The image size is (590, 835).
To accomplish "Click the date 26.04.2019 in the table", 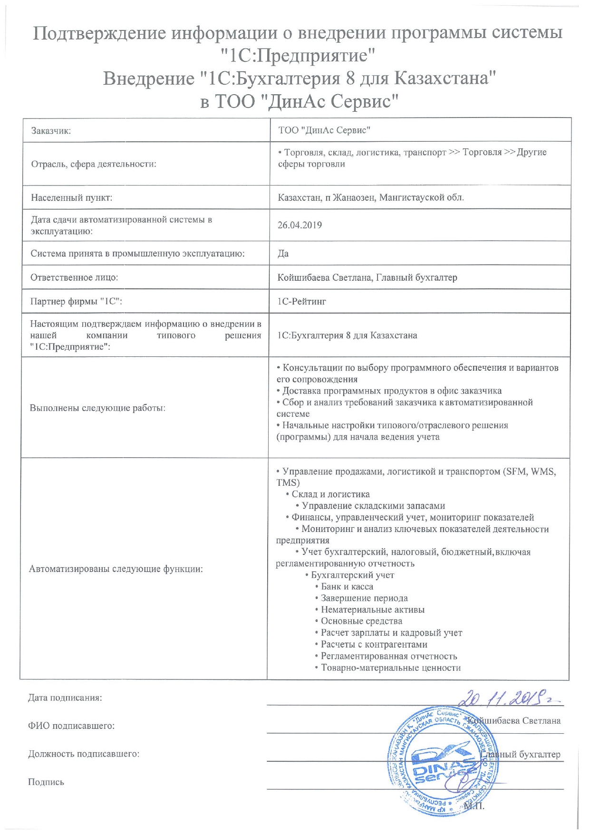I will tap(300, 225).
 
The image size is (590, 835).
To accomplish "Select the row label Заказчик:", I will tap(51, 130).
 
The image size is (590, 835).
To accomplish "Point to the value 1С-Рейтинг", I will tap(301, 301).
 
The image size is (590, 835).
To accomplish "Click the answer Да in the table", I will tap(283, 253).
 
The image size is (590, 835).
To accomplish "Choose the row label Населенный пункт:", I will tap(71, 197).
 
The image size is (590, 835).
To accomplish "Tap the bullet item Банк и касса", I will tap(347, 587).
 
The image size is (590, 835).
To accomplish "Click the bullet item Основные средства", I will tap(361, 621).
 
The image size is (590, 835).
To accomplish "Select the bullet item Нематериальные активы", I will tap(372, 610).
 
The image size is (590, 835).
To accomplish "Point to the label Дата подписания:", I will tap(65, 698).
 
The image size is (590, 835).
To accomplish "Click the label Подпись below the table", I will tap(46, 782).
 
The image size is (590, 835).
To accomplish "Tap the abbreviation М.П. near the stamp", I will tap(474, 806).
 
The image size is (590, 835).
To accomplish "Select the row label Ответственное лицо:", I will tap(74, 277).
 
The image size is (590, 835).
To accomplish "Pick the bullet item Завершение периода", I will tap(364, 598).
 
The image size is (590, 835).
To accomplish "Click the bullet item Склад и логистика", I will tap(330, 494).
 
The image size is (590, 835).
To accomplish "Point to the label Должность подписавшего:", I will tap(84, 754).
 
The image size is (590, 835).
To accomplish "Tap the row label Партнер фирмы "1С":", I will tap(76, 301).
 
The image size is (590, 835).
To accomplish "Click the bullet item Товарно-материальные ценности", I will tap(390, 668).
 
